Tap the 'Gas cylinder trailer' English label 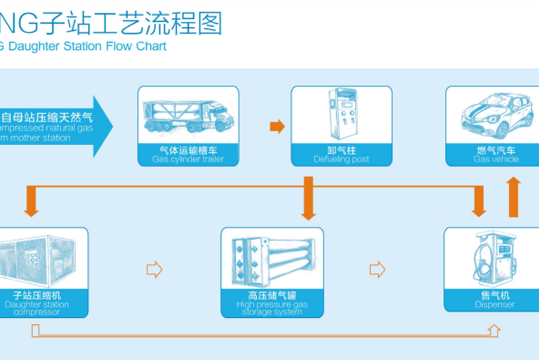tap(188, 159)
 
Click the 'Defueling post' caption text tap(341, 159)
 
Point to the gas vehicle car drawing tap(493, 116)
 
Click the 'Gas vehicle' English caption tap(495, 159)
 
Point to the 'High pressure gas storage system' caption tap(272, 309)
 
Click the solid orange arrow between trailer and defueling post tap(278, 127)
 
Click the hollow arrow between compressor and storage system tap(154, 269)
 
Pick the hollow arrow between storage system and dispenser tap(378, 269)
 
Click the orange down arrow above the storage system tap(307, 199)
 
